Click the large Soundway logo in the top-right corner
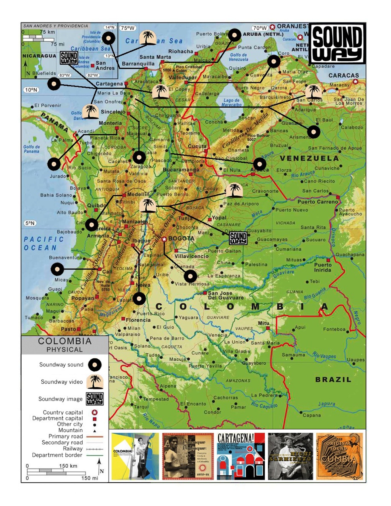click(337, 43)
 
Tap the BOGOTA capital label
click(181, 239)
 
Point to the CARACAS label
click(343, 76)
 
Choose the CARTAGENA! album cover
click(240, 456)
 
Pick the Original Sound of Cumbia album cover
click(340, 456)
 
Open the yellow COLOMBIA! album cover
click(133, 456)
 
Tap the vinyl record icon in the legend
click(95, 365)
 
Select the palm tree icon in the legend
click(95, 382)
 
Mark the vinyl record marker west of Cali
click(57, 269)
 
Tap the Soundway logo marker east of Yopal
click(238, 238)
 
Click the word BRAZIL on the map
click(333, 380)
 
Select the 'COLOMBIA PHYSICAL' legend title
click(65, 345)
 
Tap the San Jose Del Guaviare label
click(226, 295)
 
